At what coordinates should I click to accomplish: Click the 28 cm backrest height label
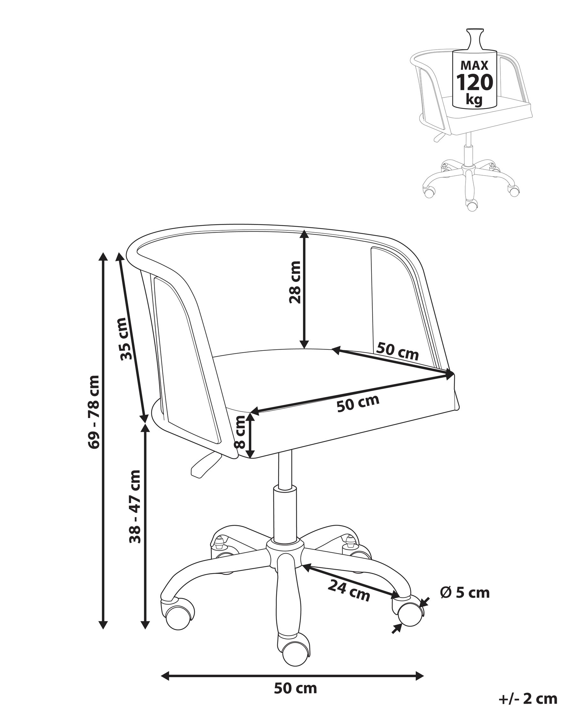click(295, 282)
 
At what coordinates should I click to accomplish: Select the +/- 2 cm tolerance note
click(528, 699)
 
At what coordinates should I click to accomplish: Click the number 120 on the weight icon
click(474, 83)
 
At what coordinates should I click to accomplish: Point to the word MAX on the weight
click(474, 65)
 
